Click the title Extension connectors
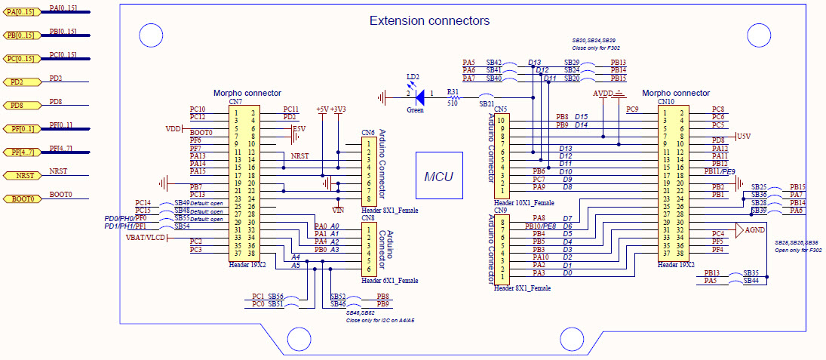[x=429, y=20]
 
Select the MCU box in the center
[x=438, y=177]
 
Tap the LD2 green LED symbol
[x=419, y=96]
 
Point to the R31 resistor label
[x=453, y=91]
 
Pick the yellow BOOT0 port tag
[x=23, y=198]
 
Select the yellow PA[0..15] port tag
[x=20, y=12]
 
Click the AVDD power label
[x=603, y=94]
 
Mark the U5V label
[x=743, y=136]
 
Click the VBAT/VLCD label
[x=145, y=237]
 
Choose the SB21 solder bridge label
[x=487, y=104]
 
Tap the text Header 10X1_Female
[x=524, y=202]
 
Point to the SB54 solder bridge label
[x=182, y=226]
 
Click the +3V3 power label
[x=339, y=109]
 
